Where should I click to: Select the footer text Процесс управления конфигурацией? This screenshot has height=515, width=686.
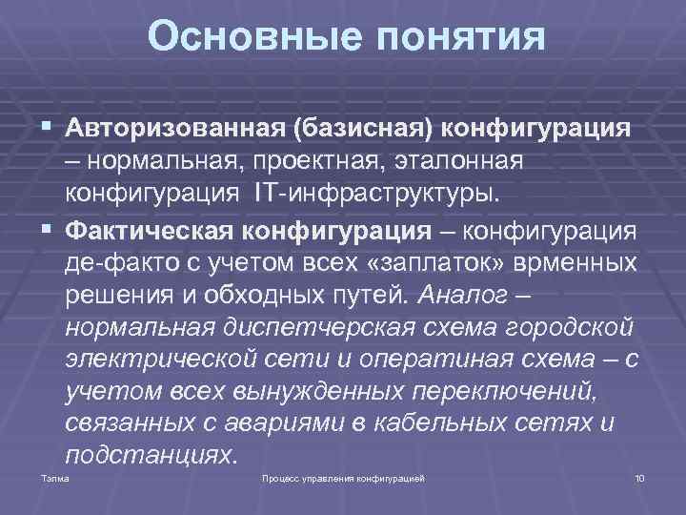point(342,476)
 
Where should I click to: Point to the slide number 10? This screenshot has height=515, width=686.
point(638,476)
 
